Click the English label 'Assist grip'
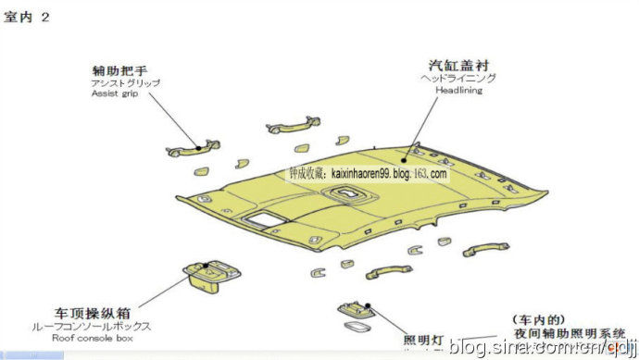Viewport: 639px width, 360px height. click(114, 94)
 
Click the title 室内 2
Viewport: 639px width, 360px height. click(27, 18)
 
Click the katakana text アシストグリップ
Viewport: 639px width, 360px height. click(125, 83)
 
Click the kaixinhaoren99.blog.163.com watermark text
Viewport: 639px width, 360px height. click(368, 173)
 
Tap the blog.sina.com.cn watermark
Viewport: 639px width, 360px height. click(543, 347)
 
